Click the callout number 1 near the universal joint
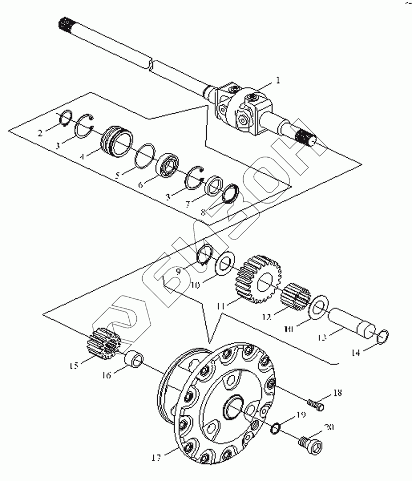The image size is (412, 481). [278, 80]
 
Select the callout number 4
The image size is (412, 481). [83, 158]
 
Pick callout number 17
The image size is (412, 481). [157, 456]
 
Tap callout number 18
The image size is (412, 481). [337, 393]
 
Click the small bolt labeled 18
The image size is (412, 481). [316, 405]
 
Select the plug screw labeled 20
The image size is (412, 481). [310, 443]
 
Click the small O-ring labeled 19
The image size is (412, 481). [276, 427]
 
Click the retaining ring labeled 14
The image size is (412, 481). [384, 336]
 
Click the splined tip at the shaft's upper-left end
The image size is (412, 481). [65, 25]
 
